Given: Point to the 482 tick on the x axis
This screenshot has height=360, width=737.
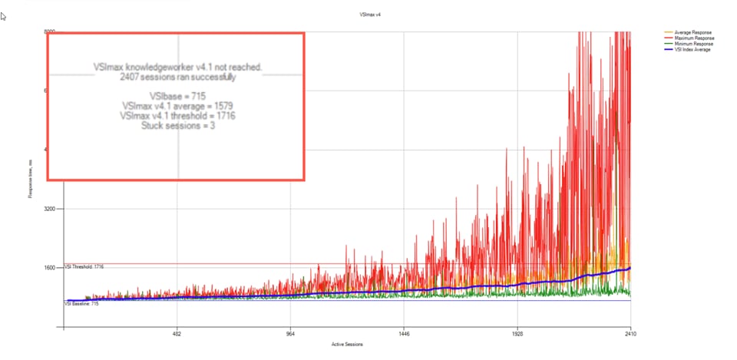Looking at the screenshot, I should pyautogui.click(x=177, y=335).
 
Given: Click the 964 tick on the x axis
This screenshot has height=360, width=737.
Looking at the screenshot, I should pyautogui.click(x=290, y=335).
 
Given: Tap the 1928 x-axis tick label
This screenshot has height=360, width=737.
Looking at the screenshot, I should pyautogui.click(x=517, y=335).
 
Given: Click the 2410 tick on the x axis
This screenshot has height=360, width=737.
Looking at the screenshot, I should pyautogui.click(x=630, y=335).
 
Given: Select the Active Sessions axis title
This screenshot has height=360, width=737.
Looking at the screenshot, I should pyautogui.click(x=347, y=344).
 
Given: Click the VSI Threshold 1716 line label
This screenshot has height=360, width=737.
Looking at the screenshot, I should pyautogui.click(x=84, y=266).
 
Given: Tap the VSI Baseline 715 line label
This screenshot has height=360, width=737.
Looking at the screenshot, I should pyautogui.click(x=81, y=304).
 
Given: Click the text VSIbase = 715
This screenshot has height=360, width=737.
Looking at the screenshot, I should pyautogui.click(x=177, y=96).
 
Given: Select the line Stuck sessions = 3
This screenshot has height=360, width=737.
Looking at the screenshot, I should pyautogui.click(x=178, y=126).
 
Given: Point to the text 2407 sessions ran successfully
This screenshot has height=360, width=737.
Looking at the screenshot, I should pyautogui.click(x=178, y=77).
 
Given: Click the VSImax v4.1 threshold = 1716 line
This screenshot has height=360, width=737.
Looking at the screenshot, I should pyautogui.click(x=177, y=116).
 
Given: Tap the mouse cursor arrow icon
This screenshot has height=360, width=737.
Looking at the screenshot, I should pyautogui.click(x=4, y=16).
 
